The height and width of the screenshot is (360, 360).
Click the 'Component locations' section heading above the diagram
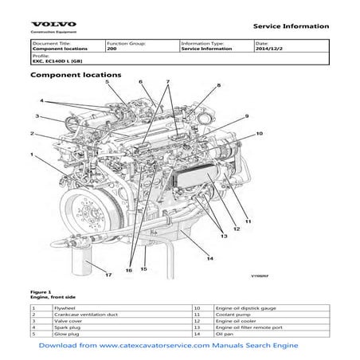coord(75,75)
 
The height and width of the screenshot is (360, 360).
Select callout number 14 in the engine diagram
coord(209,257)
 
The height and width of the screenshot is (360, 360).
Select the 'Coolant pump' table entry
coord(232,315)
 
